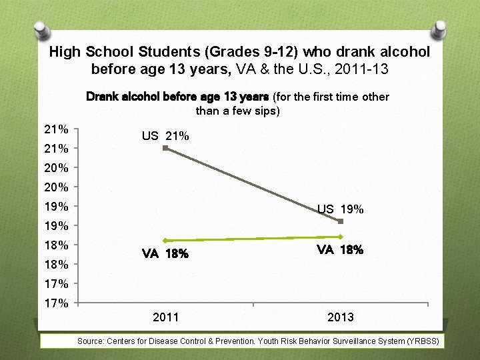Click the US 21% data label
pos(165,136)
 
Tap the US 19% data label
pos(340,209)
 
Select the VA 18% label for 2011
pos(165,254)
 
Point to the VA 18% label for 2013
pos(340,250)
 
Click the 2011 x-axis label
pos(165,317)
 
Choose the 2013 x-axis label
pos(341,317)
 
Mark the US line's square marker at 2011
pos(165,148)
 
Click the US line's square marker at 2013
pos(341,221)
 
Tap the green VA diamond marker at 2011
pos(165,241)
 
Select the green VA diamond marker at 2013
pos(341,237)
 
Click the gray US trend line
pos(253,185)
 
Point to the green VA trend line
pos(253,239)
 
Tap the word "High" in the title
pos(64,51)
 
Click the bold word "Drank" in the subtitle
pos(103,97)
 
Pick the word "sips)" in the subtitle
pos(267,111)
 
